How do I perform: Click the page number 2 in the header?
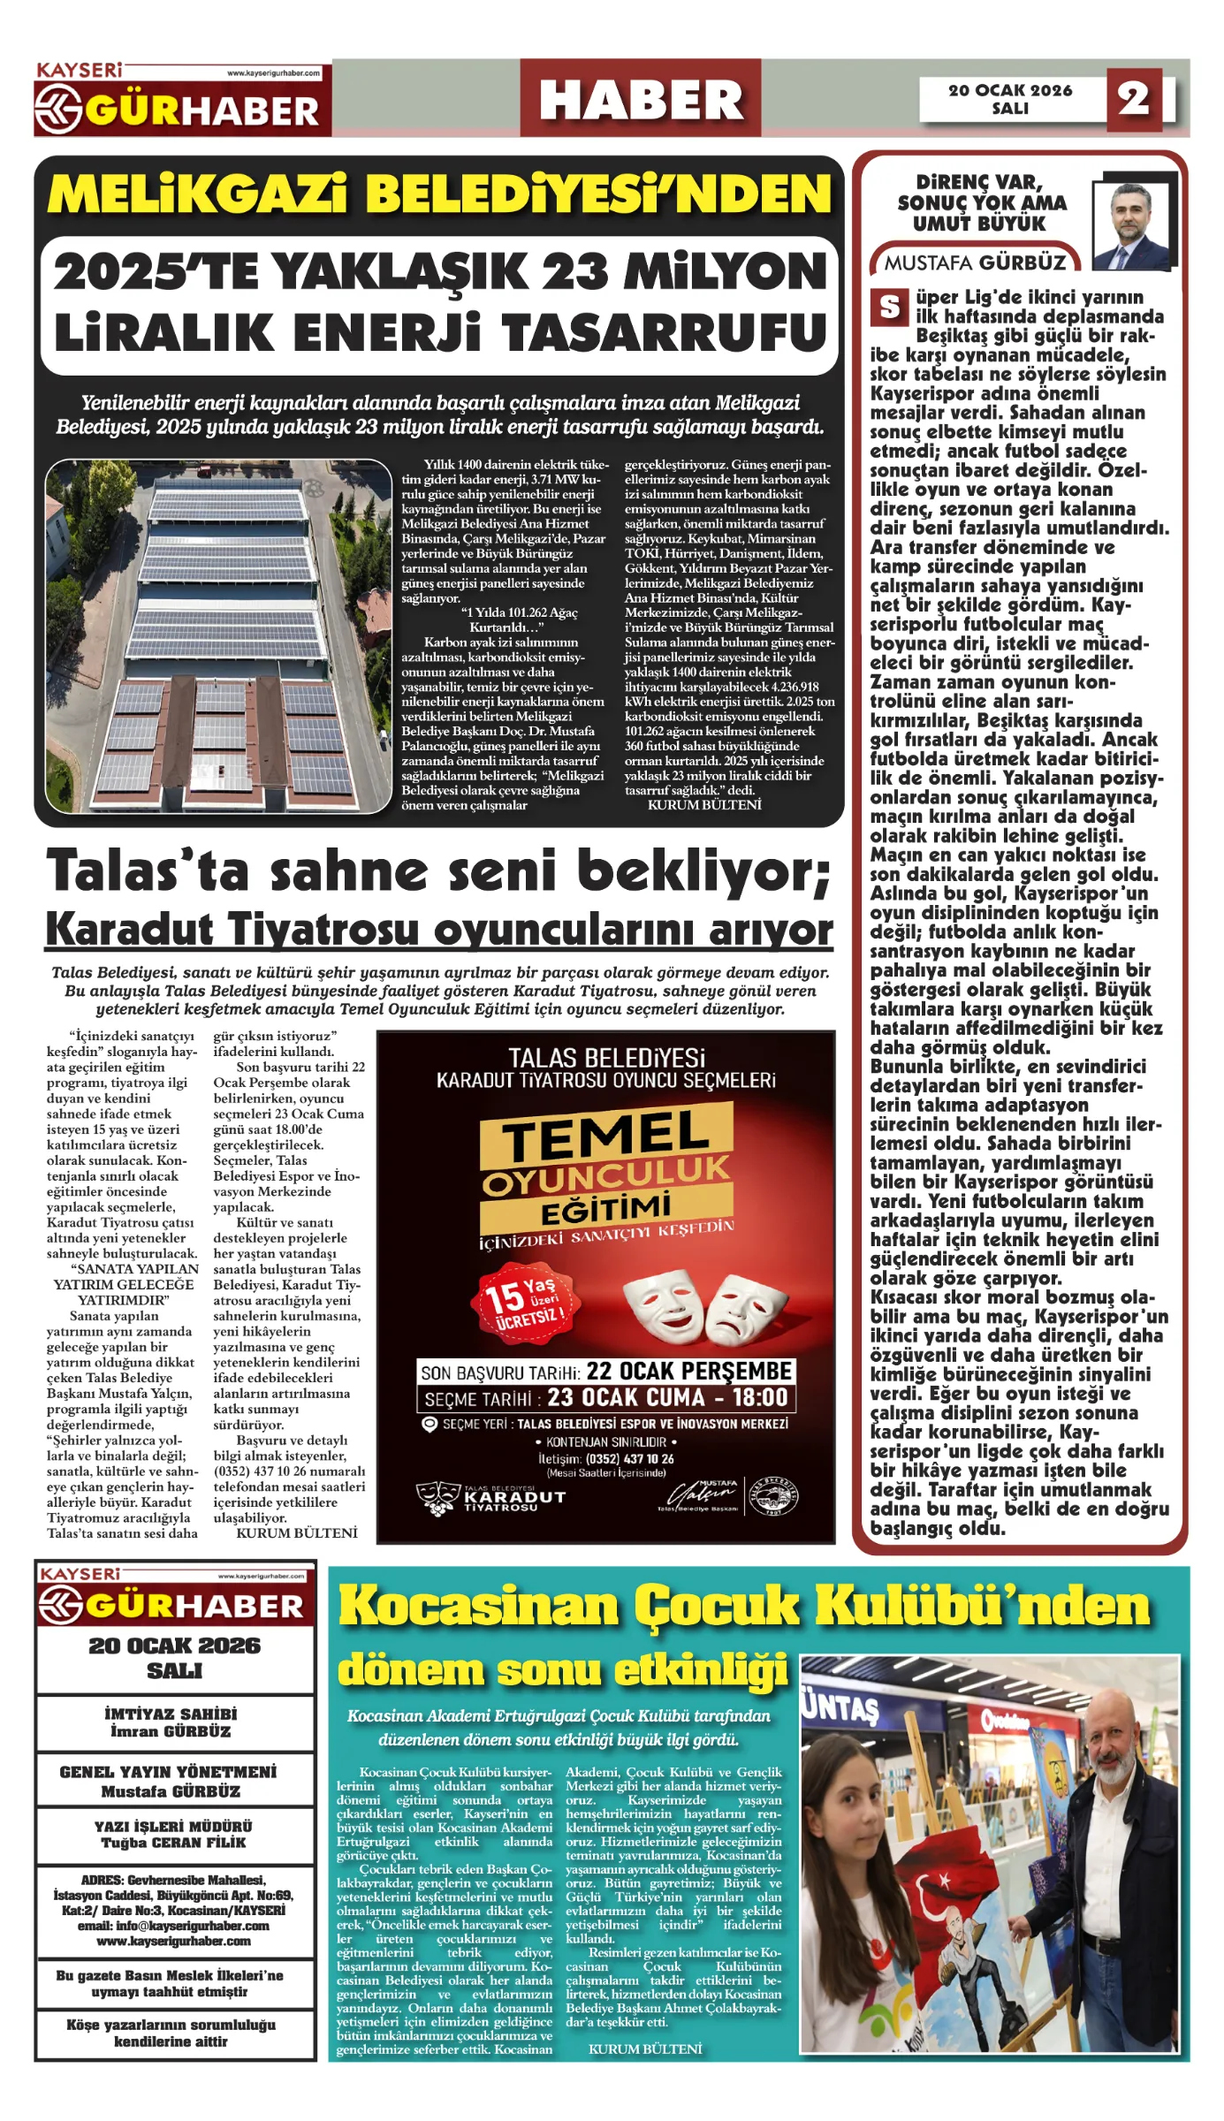[x=1133, y=98]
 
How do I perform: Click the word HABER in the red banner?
[x=641, y=99]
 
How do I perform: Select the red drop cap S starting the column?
[x=889, y=308]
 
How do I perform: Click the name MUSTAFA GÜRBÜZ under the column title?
[x=975, y=262]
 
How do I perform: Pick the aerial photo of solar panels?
[x=218, y=635]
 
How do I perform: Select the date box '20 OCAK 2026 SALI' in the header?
[x=1010, y=99]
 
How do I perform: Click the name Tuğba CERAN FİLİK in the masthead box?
[x=173, y=1843]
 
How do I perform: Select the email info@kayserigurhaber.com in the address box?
[x=173, y=1926]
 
